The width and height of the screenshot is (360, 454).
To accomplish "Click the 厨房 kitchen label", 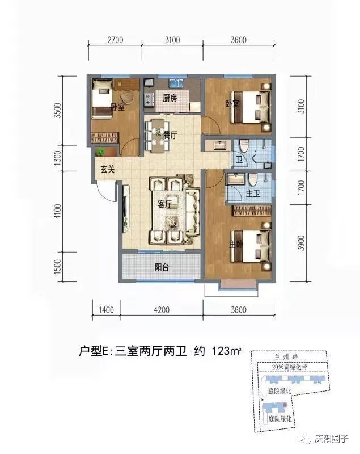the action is tap(170, 98).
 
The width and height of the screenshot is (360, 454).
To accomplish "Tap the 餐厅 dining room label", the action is tap(170, 135).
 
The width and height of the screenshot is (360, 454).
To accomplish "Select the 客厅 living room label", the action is tap(164, 204).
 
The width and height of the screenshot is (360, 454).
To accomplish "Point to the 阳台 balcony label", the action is tap(162, 267).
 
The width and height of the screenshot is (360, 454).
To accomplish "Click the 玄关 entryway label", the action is tap(108, 169).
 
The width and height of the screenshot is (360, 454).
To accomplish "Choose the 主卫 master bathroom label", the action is tap(253, 193).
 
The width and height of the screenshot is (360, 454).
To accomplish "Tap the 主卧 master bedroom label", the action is tap(236, 245).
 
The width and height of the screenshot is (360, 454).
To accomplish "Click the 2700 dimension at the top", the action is tap(115, 40).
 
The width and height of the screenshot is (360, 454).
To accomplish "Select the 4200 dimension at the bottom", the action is tap(162, 310).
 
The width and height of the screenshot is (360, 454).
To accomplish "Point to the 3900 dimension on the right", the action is tap(301, 243).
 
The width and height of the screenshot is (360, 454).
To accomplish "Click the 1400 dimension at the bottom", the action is tap(106, 310).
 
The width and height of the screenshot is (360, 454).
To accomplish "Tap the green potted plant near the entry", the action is tap(100, 152).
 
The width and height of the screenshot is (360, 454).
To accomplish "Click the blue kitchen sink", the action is tap(176, 83).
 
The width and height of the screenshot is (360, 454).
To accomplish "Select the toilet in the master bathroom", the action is tap(253, 179).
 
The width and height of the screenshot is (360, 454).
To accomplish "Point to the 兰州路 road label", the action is tap(286, 357).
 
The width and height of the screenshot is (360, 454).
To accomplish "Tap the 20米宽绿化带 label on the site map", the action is tap(290, 367).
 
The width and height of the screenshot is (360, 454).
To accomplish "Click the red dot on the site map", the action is tap(285, 405).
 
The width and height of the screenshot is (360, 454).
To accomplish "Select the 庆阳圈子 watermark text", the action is tap(331, 439).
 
